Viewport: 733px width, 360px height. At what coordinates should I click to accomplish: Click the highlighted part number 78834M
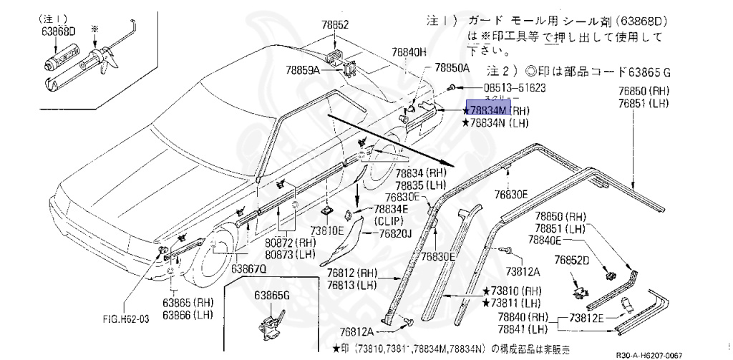pos(487,110)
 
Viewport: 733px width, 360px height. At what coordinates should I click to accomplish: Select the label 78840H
pos(409,52)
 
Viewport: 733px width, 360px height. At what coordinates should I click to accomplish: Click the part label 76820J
pos(396,233)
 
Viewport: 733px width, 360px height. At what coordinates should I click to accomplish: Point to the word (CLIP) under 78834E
pos(389,220)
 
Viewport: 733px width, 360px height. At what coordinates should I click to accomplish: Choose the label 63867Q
pos(248,268)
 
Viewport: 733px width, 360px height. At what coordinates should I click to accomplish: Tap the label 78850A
pos(452,68)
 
